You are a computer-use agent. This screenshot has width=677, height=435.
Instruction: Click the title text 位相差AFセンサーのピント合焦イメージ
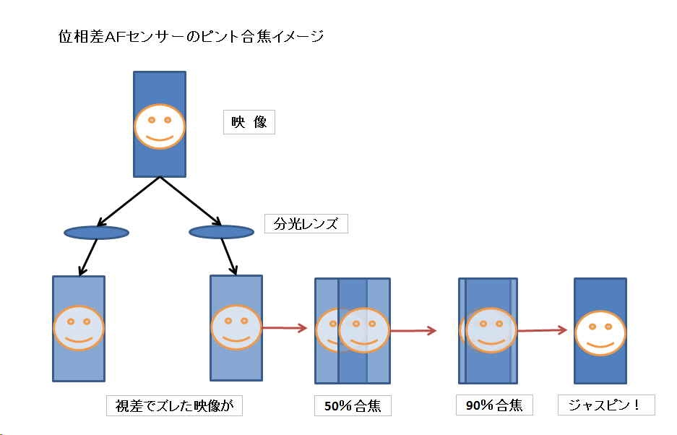[191, 37]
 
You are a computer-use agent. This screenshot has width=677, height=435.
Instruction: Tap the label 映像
[249, 122]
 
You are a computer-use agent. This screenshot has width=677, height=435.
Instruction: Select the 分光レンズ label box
[306, 223]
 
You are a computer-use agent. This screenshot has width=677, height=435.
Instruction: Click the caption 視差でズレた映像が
[174, 405]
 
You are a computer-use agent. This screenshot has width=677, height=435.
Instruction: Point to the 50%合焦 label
[353, 406]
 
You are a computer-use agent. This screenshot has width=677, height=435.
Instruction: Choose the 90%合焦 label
[494, 405]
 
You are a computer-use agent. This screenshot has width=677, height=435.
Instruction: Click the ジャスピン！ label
[605, 405]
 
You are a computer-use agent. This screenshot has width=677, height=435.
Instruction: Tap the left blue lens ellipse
[97, 233]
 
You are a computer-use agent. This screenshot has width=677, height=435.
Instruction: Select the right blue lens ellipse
[221, 232]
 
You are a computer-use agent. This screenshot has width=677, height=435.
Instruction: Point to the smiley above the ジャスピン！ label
[600, 332]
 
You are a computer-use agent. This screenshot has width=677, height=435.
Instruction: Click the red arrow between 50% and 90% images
[413, 331]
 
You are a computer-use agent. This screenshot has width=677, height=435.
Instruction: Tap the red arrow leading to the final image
[541, 330]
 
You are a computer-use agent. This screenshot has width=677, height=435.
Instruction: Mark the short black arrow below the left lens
[89, 257]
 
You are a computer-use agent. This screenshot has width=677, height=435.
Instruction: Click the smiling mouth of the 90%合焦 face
[491, 338]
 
